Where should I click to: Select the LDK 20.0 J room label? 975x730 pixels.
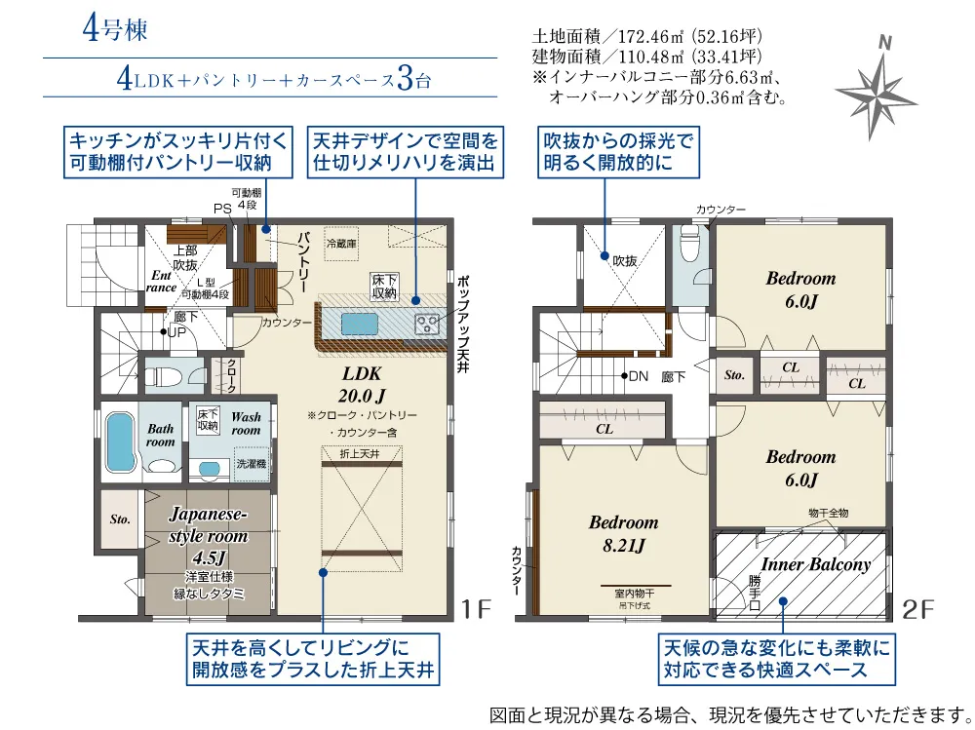point(362,384)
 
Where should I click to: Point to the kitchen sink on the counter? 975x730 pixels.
point(359,325)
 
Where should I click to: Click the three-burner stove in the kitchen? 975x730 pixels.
point(427,323)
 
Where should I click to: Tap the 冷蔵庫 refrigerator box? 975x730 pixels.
point(342,243)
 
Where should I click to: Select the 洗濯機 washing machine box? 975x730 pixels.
point(252,464)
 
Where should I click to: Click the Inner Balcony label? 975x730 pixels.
point(815,564)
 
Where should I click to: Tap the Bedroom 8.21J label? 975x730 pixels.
point(623,533)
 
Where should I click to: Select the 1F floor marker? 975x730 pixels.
point(476,608)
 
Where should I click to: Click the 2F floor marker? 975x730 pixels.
point(917,609)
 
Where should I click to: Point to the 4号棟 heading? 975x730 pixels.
point(115,28)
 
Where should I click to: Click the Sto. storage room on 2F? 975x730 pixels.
point(734,375)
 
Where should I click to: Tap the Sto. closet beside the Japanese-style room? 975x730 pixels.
point(120,519)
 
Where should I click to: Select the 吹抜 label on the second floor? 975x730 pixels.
point(624,261)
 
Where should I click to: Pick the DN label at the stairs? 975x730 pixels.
point(639,375)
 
